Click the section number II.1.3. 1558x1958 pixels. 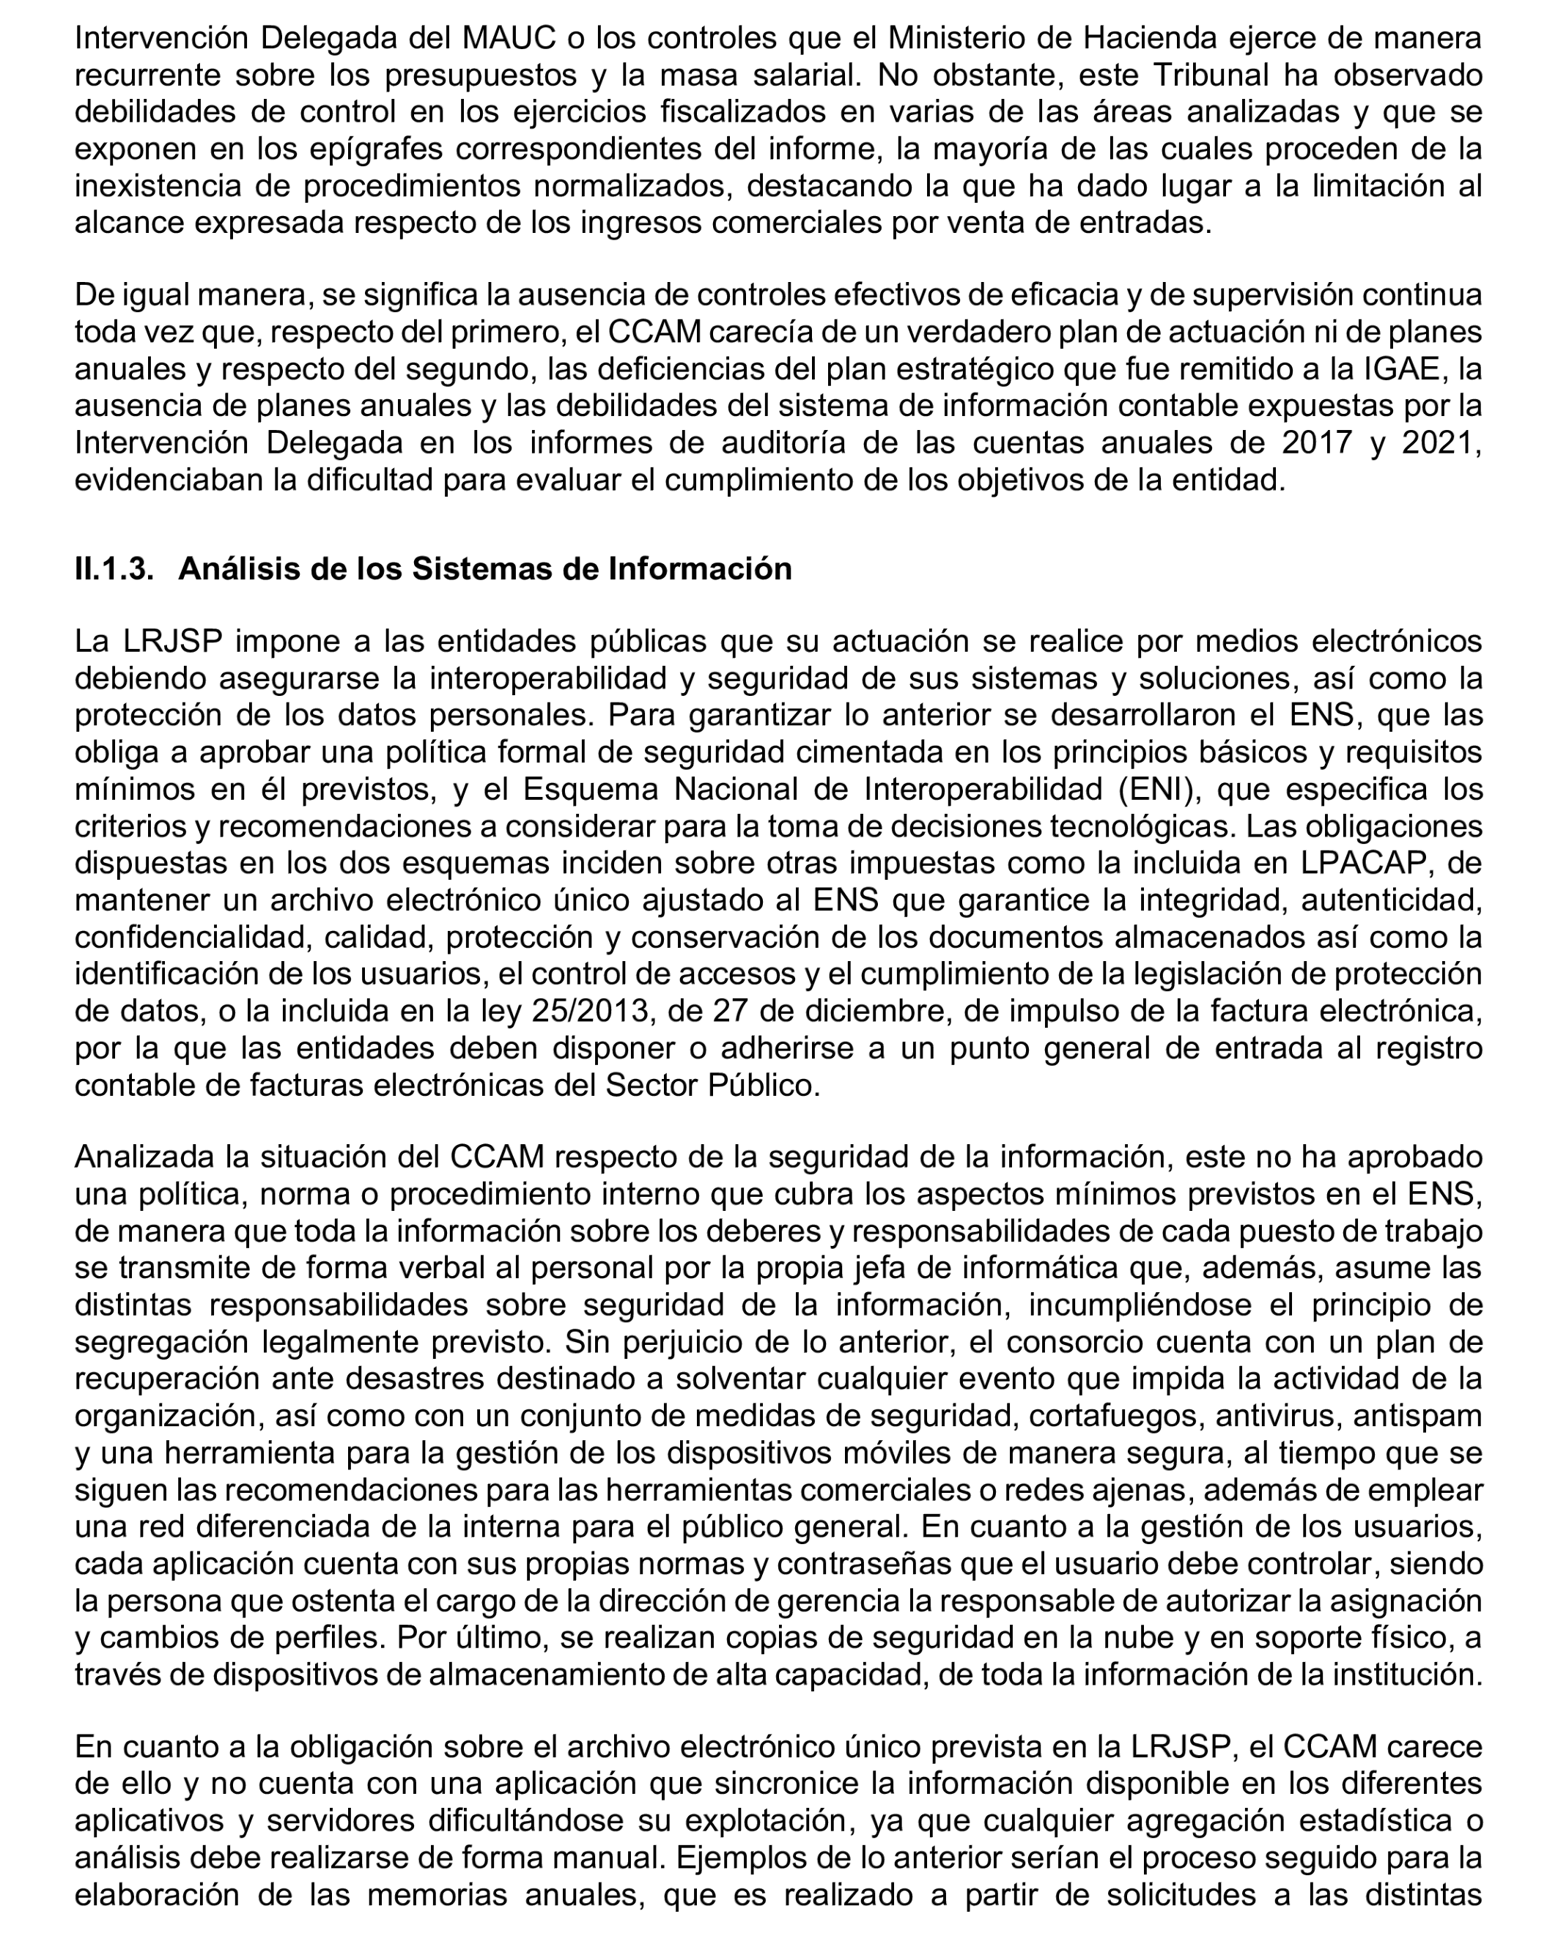[114, 569]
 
